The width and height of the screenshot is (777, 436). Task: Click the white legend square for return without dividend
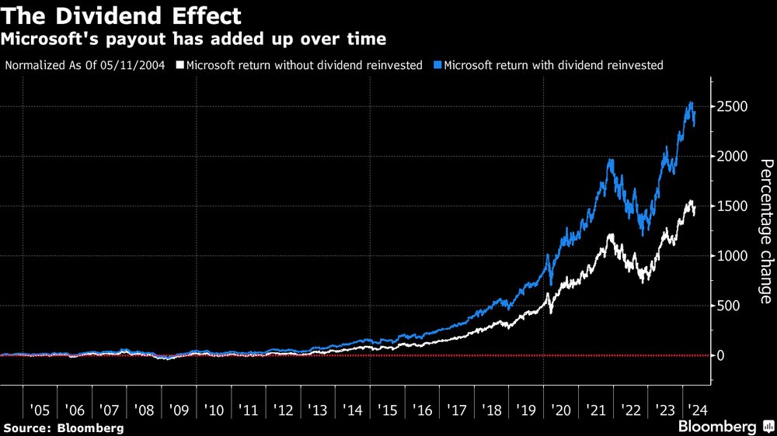180,65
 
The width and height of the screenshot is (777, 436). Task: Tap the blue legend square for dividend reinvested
439,65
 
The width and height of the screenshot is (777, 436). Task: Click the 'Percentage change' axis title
765,231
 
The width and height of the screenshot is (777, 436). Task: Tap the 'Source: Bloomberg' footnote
63,428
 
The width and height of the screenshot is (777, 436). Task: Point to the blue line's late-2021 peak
611,161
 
